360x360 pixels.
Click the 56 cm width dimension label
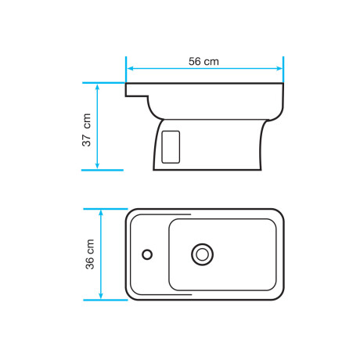pyautogui.click(x=203, y=62)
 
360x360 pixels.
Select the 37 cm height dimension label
pyautogui.click(x=87, y=130)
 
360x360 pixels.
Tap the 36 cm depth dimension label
pyautogui.click(x=90, y=254)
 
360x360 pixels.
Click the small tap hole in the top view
pyautogui.click(x=147, y=254)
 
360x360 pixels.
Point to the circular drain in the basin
pyautogui.click(x=202, y=254)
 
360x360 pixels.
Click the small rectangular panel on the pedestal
pyautogui.click(x=171, y=147)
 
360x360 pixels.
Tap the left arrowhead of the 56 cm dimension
pyautogui.click(x=130, y=69)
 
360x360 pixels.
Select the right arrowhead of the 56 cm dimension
pyautogui.click(x=279, y=69)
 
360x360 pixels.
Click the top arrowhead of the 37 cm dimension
pyautogui.click(x=97, y=87)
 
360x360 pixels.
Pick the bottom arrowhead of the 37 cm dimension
pyautogui.click(x=97, y=165)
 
